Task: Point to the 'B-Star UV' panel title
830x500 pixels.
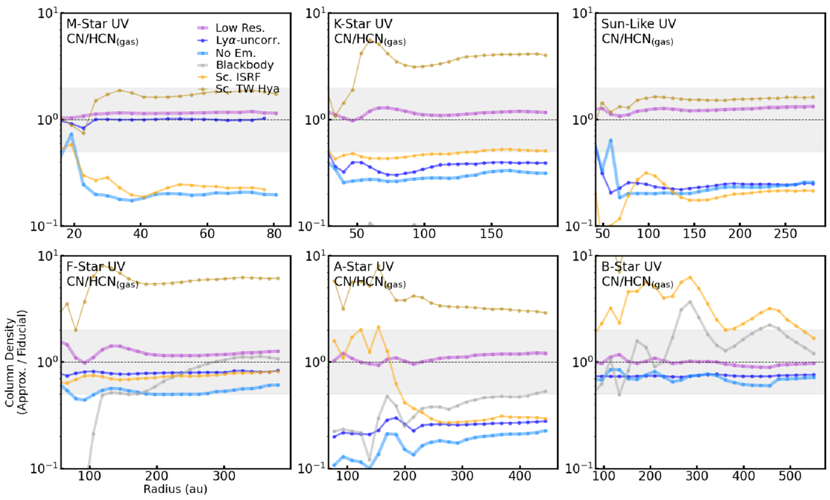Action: point(631,267)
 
